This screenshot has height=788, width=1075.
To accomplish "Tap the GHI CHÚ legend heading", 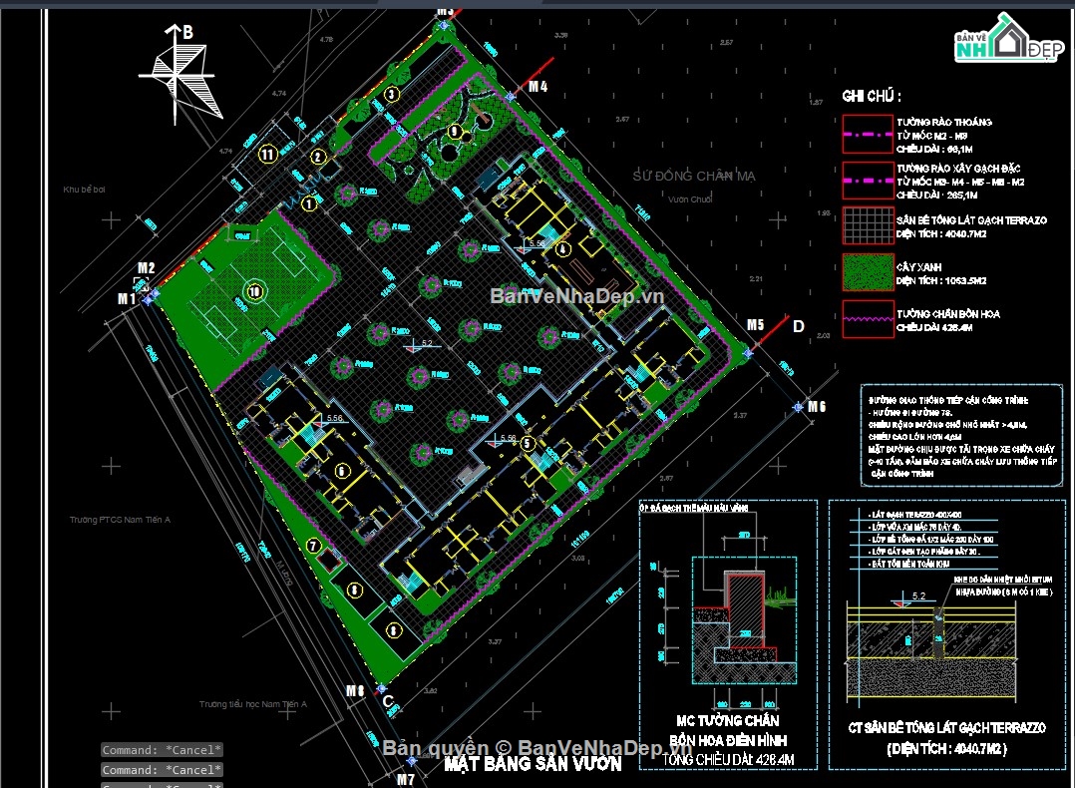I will pyautogui.click(x=871, y=97).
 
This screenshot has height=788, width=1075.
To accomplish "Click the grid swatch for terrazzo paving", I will pyautogui.click(x=866, y=225).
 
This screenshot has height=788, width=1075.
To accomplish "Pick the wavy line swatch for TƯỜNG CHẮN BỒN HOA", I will pyautogui.click(x=866, y=319).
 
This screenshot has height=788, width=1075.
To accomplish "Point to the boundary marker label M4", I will pyautogui.click(x=538, y=87).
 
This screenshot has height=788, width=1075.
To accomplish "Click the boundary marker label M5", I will pyautogui.click(x=755, y=325).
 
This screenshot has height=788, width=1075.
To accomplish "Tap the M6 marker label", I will pyautogui.click(x=817, y=406).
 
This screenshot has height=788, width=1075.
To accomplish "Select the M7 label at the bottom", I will pyautogui.click(x=405, y=779).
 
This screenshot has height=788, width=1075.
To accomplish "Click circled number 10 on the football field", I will pyautogui.click(x=253, y=291).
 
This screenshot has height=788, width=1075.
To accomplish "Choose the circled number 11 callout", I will pyautogui.click(x=266, y=154).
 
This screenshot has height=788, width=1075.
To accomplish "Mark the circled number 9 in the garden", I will pyautogui.click(x=455, y=131).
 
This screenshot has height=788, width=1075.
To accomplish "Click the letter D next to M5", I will pyautogui.click(x=798, y=326).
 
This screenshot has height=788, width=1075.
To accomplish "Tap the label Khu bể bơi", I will pyautogui.click(x=84, y=189).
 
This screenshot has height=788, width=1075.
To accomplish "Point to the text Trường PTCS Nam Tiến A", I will pyautogui.click(x=120, y=520).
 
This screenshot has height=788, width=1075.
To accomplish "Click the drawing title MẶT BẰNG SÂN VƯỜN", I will pyautogui.click(x=533, y=764).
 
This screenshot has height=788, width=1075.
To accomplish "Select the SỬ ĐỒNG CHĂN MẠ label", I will pyautogui.click(x=694, y=176).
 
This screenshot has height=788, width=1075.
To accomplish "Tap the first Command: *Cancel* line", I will pyautogui.click(x=162, y=750).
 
